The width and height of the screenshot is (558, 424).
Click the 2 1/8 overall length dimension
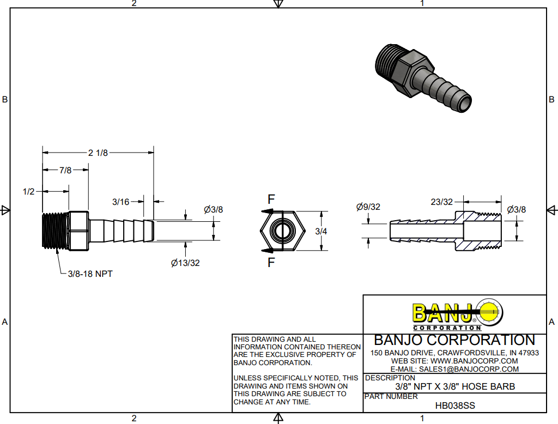pos(98,153)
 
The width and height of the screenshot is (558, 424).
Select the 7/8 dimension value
pos(65,170)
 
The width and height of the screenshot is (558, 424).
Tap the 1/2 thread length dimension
pos(29,191)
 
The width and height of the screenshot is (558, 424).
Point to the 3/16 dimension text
pos(121,202)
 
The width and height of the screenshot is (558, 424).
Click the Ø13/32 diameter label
pos(185,263)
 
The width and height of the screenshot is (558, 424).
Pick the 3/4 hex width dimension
pos(322,231)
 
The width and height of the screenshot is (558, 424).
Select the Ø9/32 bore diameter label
pos(368,207)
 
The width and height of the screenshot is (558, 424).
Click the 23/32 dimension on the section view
pos(441,202)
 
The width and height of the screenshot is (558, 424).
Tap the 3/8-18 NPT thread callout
pos(90,274)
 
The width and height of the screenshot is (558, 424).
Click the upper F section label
pos(271,199)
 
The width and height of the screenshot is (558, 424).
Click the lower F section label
pos(271,264)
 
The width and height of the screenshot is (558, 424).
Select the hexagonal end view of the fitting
pos(282,231)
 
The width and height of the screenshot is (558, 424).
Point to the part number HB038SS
pos(455,405)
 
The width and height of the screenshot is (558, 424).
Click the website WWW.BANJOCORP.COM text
pos(474,361)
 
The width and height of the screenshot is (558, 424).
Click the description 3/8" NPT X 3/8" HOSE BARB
pos(455,387)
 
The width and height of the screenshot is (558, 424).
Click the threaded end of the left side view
pos(55,231)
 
